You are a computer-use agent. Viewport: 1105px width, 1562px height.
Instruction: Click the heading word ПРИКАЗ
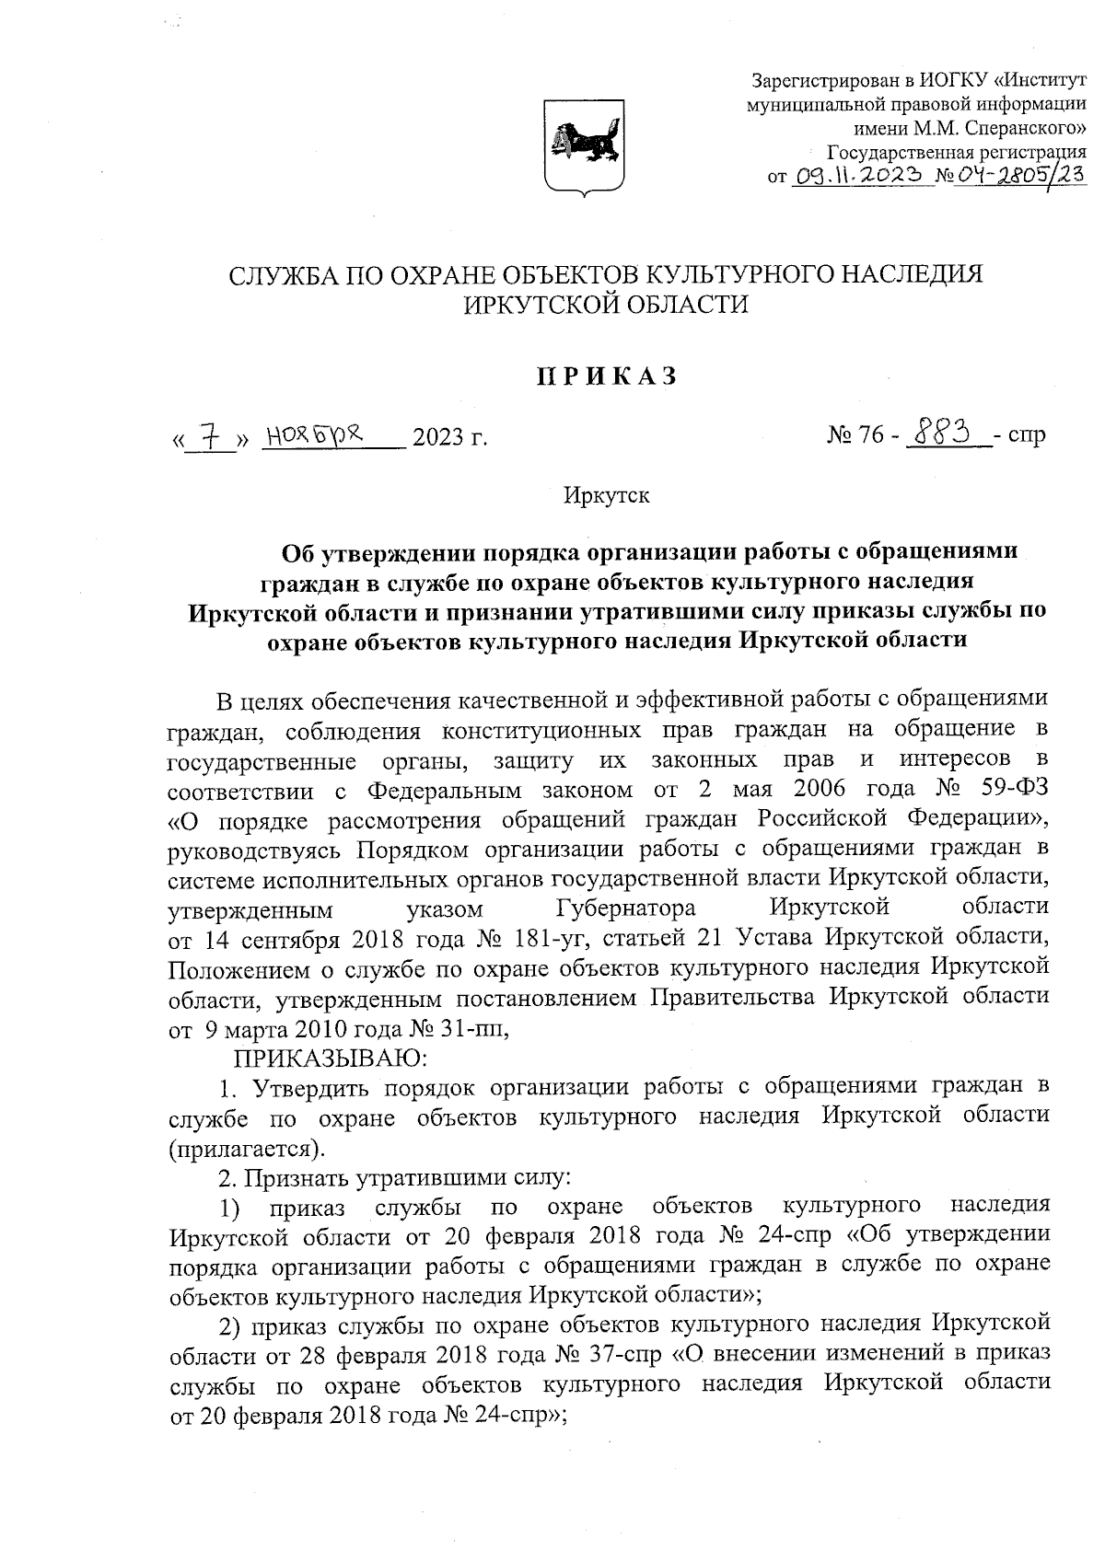coord(608,376)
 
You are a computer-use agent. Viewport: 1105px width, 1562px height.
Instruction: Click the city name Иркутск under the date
coord(607,496)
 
